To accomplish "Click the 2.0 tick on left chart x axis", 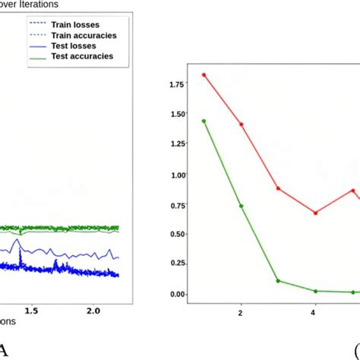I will click(x=93, y=311).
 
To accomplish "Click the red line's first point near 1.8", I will click(x=204, y=75).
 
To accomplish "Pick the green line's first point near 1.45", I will click(x=204, y=121).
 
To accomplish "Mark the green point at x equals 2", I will click(x=242, y=206).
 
